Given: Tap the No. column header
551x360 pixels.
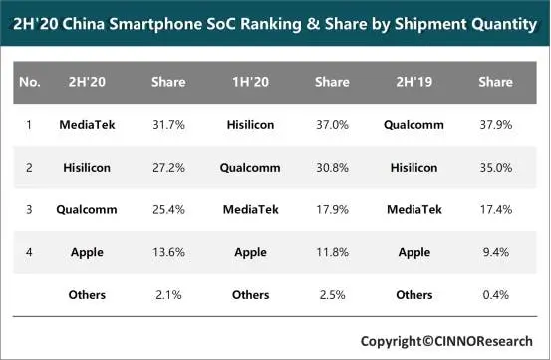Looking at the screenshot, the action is [30, 82].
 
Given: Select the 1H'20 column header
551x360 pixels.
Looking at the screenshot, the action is [250, 82].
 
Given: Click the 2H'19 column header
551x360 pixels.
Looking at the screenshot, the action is [413, 82].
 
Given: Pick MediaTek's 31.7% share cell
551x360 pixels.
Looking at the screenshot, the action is [168, 124].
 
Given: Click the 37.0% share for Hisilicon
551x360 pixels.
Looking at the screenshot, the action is [332, 124].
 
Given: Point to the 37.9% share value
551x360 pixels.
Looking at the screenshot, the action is [496, 124].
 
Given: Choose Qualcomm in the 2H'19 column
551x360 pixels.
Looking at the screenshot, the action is [413, 124].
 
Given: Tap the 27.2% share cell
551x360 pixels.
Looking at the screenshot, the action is [168, 167].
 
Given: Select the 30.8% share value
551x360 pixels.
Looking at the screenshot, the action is [332, 167].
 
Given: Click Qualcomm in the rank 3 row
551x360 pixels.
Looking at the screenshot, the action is [87, 209].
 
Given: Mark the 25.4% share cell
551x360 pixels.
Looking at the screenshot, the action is [168, 209].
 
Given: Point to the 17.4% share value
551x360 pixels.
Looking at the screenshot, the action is [496, 209].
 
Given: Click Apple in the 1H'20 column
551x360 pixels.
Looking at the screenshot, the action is [250, 252].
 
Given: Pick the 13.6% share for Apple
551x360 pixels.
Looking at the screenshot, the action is [168, 252].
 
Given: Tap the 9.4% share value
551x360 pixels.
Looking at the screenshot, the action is [496, 252].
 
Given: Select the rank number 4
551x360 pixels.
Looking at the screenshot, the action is [29, 252].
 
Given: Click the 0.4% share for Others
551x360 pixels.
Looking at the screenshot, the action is [496, 295].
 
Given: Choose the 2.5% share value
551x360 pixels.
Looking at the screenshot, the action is [332, 295].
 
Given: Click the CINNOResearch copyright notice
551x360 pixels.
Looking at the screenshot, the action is [446, 341].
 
